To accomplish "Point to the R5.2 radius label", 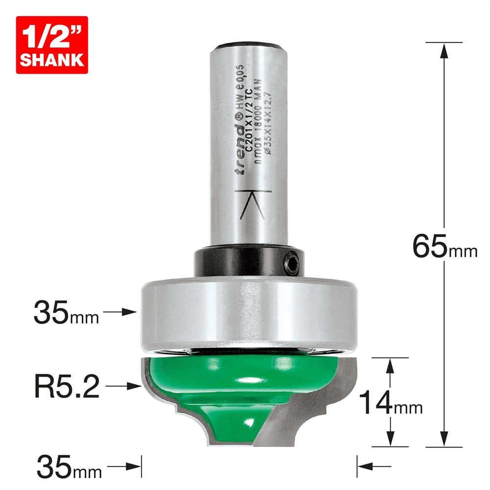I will click(67, 387).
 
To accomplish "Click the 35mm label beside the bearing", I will click(66, 312).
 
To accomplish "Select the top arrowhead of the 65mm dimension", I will click(444, 49).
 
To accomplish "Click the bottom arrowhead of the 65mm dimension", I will click(444, 441).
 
